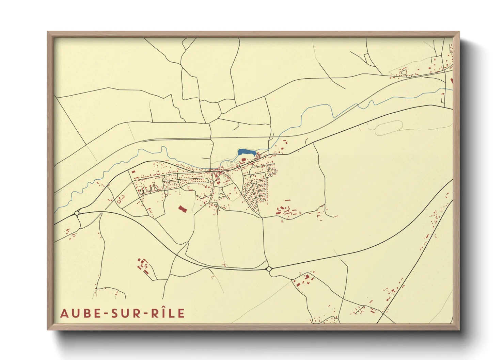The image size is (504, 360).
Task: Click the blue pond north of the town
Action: pos(246,152)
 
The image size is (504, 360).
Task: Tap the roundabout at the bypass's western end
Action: pos(77,213)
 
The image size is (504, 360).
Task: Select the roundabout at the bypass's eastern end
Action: pos(269,269)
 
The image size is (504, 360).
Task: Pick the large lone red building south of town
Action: pos(183,209)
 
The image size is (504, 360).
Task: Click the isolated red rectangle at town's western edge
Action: pos(133,172)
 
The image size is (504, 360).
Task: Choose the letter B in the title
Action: pos(88,313)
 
